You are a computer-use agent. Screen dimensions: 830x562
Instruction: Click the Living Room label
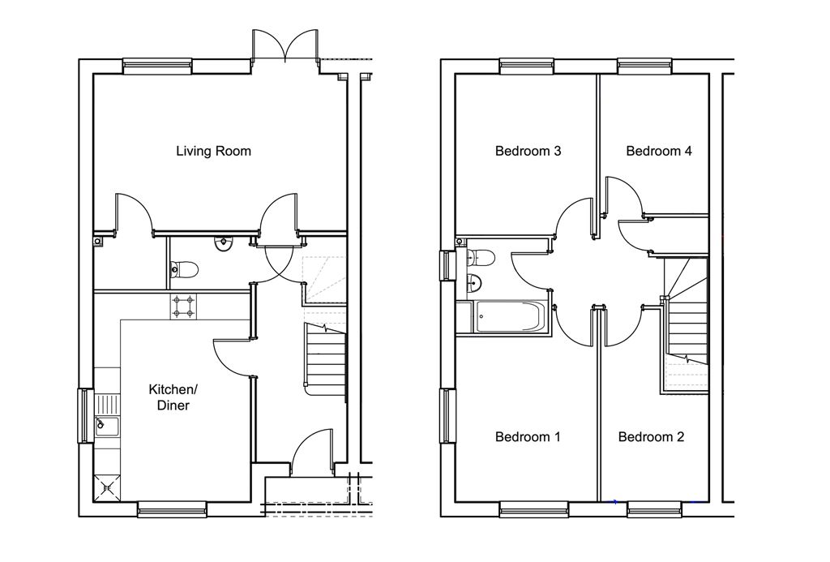[213, 152]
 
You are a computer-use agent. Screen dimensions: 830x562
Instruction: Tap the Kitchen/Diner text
[173, 398]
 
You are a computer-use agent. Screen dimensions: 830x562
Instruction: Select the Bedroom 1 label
[527, 437]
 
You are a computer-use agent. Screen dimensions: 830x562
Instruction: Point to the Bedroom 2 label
[651, 437]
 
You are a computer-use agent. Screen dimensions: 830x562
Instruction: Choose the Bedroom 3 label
[528, 152]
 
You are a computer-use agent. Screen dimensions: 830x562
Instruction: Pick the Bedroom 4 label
[658, 152]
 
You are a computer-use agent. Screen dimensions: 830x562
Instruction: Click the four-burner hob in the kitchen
[184, 307]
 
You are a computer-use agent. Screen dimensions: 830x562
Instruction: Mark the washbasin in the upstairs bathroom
[475, 283]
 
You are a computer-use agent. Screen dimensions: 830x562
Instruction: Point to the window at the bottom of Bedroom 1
[534, 509]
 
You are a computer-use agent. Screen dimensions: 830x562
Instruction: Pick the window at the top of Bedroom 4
[645, 66]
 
